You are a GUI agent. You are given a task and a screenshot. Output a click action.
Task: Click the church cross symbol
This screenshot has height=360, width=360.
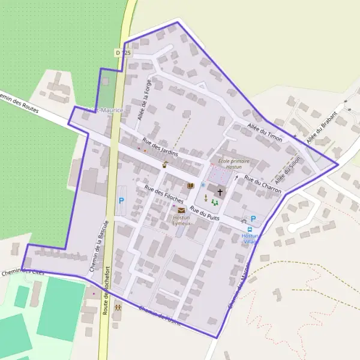pos(220,193)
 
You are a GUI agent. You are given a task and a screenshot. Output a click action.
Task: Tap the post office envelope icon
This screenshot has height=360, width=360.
pos(181,211)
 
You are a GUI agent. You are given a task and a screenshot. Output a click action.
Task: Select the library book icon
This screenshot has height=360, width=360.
pos(191,187)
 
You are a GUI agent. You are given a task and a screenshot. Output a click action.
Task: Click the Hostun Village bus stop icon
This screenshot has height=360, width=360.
pos(250,229)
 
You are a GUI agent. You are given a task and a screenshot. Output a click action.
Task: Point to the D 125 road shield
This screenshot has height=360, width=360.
pos(122,53)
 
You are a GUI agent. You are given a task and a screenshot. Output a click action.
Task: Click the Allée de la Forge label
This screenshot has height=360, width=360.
pos(144,98)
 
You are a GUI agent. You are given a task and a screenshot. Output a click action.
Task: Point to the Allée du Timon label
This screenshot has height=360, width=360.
pos(265,130)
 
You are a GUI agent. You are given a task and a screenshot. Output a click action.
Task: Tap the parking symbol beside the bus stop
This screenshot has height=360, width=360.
pos(253,218)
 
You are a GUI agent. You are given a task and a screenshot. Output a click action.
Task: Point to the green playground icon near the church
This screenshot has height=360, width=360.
pos(214,203)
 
